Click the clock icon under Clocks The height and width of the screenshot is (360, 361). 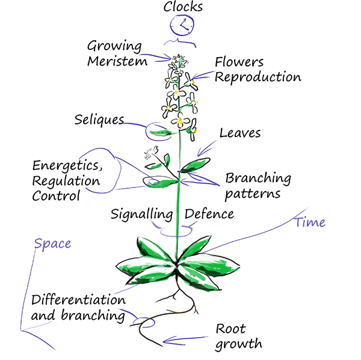coord(182,25)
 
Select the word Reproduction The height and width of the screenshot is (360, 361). coord(258,77)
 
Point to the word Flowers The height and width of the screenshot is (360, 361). coord(239,63)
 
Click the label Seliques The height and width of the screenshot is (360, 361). coord(99,119)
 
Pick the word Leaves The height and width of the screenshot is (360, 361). coord(240,132)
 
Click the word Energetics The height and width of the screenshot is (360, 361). coord(66,165)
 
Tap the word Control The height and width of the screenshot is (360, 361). coord(56,196)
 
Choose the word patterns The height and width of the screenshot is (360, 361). coord(253,194)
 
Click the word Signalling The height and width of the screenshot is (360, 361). coord(142,213)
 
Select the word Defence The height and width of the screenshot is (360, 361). coord(209,213)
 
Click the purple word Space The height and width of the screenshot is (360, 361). coord(52,243)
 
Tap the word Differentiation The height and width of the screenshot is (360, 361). coord(78,299)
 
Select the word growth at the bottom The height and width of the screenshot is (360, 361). coord(238,344)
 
